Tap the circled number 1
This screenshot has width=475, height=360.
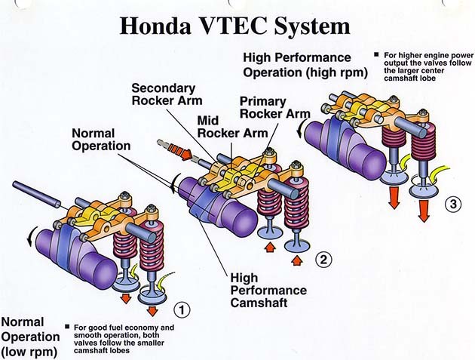click(182, 308)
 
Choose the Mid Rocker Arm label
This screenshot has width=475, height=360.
click(227, 127)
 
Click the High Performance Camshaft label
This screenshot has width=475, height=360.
click(268, 291)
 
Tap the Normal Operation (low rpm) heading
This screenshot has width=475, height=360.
click(29, 336)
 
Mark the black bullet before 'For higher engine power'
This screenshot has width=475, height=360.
click(376, 54)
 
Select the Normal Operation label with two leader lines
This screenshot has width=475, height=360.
click(101, 139)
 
